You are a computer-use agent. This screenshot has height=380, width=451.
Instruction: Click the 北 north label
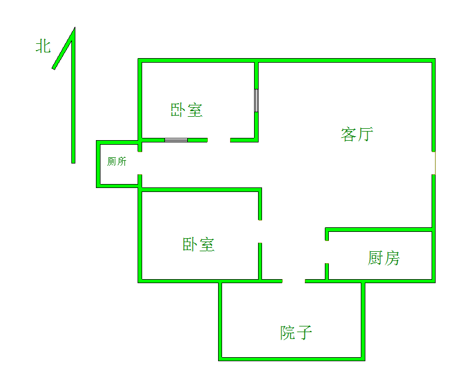43,46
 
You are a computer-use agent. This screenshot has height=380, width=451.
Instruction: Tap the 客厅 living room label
357,135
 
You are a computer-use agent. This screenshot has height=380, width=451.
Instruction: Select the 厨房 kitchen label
384,258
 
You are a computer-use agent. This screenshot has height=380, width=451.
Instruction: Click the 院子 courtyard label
296,332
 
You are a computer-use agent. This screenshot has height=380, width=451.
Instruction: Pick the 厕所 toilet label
117,162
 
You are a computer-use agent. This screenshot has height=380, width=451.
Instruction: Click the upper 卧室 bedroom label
187,110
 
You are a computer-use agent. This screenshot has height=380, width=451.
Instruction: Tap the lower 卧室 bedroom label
198,245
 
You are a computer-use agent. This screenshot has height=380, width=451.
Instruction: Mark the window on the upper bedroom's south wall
176,140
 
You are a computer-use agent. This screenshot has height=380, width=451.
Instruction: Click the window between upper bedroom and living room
256,100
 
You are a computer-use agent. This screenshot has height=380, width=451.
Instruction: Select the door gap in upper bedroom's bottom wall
219,140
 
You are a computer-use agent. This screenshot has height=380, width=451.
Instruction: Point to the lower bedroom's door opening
260,231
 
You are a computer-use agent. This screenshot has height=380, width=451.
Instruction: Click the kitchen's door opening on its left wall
327,251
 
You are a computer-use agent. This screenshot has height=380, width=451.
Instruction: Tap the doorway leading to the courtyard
293,281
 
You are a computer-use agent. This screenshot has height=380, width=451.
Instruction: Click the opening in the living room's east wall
434,163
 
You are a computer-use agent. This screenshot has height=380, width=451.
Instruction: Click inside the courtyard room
291,316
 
